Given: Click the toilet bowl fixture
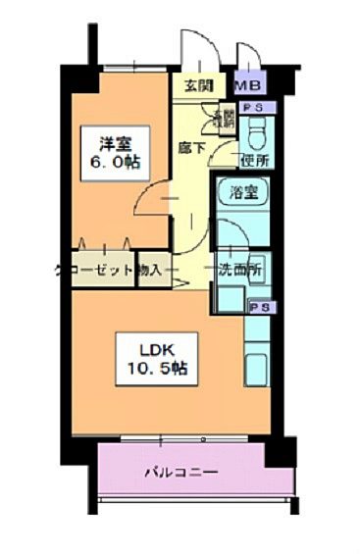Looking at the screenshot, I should click(257, 131).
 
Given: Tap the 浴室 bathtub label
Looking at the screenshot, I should click(244, 192).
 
